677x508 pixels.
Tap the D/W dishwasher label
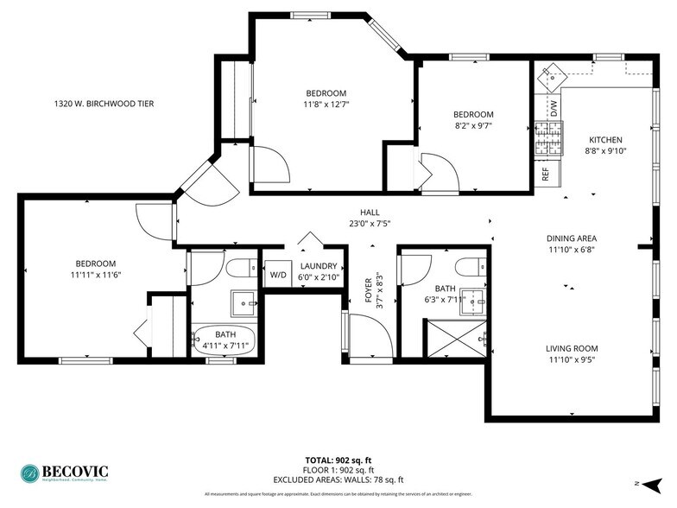pyautogui.click(x=554, y=109)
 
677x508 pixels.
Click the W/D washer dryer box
pyautogui.click(x=278, y=275)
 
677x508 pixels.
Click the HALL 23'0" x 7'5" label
pyautogui.click(x=370, y=218)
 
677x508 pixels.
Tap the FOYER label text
pyautogui.click(x=369, y=292)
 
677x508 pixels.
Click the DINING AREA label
pyautogui.click(x=571, y=244)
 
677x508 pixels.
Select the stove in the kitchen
pyautogui.click(x=547, y=138)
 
